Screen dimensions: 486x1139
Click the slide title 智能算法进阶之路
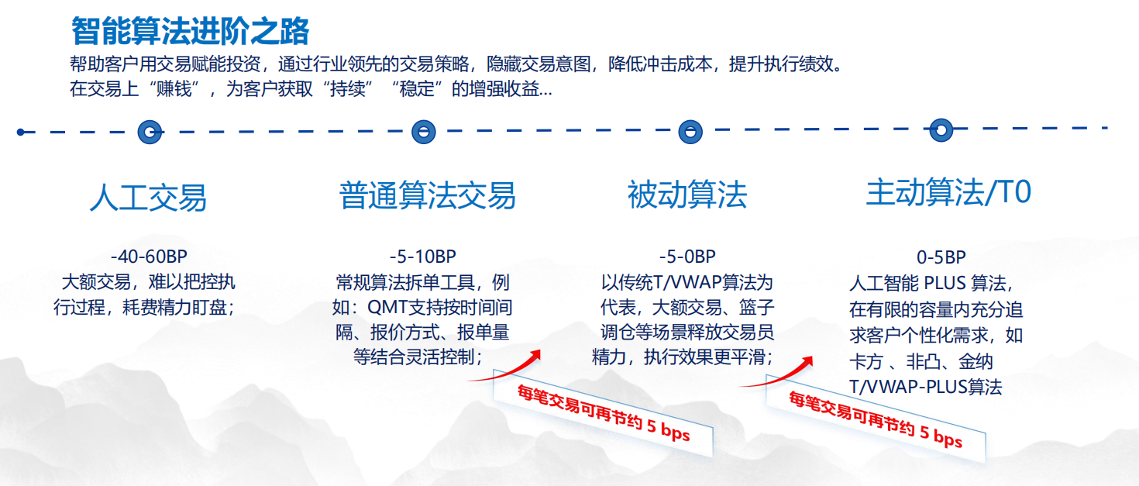pos(190,31)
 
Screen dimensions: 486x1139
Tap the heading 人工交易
pos(148,197)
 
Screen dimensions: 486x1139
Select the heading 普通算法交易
pos(427,195)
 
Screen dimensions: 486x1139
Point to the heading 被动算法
pos(687,195)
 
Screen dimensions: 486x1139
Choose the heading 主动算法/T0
pos(948,193)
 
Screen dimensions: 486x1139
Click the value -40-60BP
pos(149,257)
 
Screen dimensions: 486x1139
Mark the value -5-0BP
pos(687,257)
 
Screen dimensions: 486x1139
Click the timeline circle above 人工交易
pos(150,132)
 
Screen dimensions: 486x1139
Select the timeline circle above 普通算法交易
pos(423,132)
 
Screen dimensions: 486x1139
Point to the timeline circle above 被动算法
pos(690,132)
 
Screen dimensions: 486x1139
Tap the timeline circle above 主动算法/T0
pos(941,129)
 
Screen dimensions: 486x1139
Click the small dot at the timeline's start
pos(21,132)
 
